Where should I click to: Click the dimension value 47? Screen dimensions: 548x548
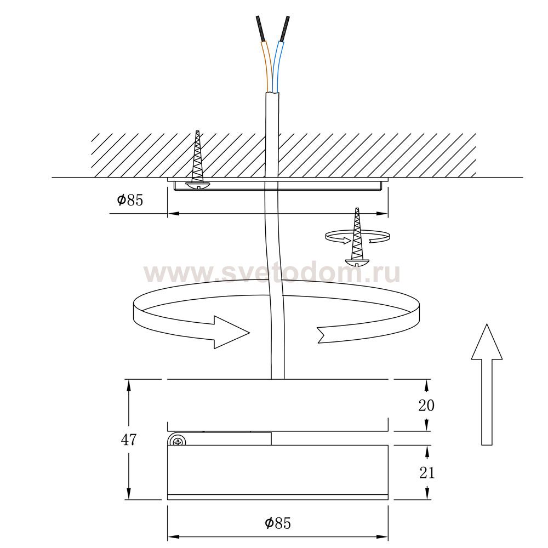coord(129,440)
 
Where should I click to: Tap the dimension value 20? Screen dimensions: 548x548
coord(426,406)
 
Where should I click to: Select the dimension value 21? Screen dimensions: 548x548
coord(427,473)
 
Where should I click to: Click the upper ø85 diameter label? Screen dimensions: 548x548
coord(130,200)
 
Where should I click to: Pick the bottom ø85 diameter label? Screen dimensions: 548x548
coord(278,523)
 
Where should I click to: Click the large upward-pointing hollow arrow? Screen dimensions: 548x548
coord(487,385)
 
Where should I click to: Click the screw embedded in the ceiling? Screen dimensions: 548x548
coord(197,160)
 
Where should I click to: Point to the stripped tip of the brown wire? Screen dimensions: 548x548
coord(260,28)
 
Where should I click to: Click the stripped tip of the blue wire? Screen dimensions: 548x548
coord(284,28)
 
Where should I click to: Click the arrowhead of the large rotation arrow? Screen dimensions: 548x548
coord(231,333)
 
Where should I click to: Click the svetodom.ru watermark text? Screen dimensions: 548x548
coord(272,273)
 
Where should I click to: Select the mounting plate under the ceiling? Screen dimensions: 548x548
coord(278,184)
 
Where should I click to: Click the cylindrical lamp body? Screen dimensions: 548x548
coord(278,472)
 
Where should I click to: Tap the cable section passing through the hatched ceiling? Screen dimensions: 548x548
coord(272,154)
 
